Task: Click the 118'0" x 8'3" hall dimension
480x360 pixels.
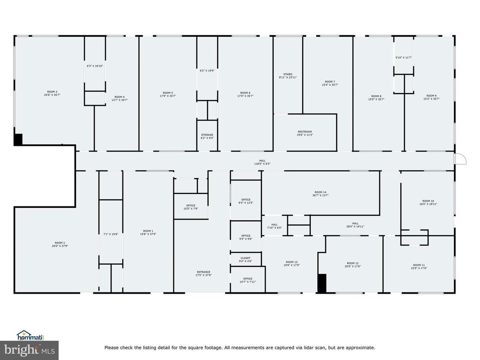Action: (x=262, y=164)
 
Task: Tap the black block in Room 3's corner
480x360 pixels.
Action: (x=18, y=139)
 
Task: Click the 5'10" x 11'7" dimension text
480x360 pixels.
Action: (x=403, y=57)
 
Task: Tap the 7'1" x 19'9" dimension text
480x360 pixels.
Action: (x=110, y=234)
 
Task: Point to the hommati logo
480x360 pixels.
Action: (x=30, y=335)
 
